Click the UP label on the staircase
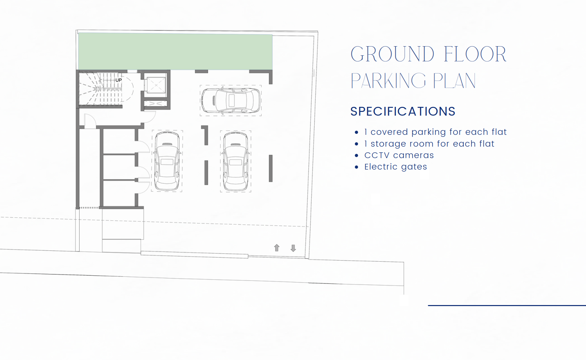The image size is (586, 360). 118,80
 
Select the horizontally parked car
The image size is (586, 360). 231,100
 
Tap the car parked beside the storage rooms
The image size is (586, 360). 167,161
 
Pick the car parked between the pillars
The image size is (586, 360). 236,161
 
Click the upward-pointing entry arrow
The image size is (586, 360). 277,248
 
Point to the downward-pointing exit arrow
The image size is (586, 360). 293,248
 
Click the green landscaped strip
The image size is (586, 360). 175,52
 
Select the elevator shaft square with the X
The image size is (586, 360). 156,85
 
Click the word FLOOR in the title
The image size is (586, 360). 475,54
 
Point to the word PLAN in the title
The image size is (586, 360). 454,81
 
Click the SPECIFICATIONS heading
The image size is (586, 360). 403,111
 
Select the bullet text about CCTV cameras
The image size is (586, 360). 399,155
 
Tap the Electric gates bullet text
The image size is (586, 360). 396,167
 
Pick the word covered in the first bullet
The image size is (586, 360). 389,132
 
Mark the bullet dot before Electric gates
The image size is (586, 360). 356,167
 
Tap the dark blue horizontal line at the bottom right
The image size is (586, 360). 507,305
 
